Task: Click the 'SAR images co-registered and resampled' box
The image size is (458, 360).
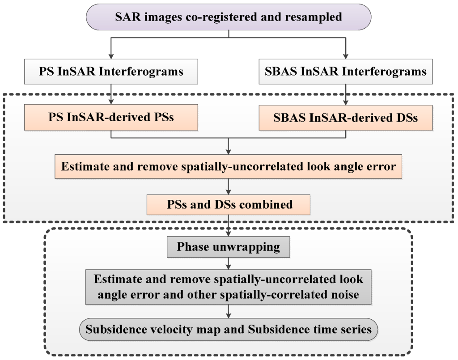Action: click(x=229, y=17)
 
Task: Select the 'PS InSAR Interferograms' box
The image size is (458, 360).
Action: click(x=111, y=71)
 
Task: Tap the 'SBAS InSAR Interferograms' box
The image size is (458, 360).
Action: click(x=346, y=71)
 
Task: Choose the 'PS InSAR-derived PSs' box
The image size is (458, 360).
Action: click(x=111, y=118)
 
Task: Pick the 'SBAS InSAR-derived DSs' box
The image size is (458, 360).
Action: click(x=346, y=118)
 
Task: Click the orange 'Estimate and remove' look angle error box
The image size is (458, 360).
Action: click(x=229, y=167)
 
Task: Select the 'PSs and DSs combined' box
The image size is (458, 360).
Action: click(x=229, y=204)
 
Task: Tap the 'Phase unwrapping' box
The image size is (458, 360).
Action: click(x=229, y=246)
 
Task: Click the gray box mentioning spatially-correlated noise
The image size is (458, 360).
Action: click(x=229, y=287)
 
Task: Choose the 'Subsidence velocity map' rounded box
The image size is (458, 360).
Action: click(x=229, y=330)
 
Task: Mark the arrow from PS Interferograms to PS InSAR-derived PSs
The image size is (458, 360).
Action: click(x=111, y=94)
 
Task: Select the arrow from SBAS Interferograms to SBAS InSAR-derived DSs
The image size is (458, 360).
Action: click(x=346, y=94)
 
